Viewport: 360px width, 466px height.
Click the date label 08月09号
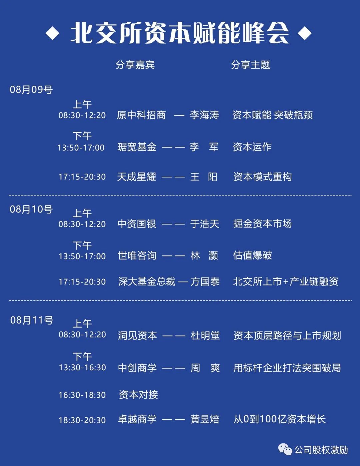coord(31,89)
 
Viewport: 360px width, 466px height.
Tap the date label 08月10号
coord(31,209)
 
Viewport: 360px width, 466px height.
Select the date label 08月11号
coord(32,320)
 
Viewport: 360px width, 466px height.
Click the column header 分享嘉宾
coord(135,65)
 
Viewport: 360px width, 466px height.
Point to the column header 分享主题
coord(250,65)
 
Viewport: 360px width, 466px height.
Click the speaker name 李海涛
coord(204,115)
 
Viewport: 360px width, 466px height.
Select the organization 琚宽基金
coord(137,147)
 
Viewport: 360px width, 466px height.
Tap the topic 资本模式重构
coord(262,177)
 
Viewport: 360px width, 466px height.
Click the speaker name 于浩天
coord(205,224)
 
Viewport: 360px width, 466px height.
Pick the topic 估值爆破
coord(252,256)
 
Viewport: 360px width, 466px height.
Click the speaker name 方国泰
coord(205,282)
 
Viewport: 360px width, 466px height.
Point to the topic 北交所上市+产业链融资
coord(286,282)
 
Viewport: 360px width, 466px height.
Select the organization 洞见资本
coord(137,335)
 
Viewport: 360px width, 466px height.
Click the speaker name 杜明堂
coord(205,335)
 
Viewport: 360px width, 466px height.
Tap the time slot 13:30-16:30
coord(82,368)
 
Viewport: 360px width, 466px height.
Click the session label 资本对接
coord(138,395)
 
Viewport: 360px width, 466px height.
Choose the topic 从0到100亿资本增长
coord(279,419)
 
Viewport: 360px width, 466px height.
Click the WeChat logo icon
coord(285,449)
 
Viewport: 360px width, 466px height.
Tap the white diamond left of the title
coord(52,33)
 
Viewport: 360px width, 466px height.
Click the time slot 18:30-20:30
coord(82,420)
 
